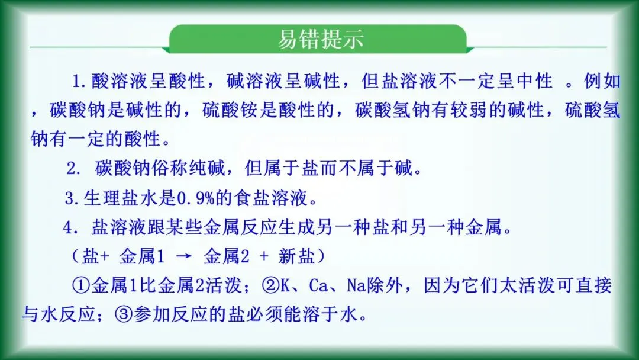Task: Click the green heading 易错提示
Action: [x=320, y=39]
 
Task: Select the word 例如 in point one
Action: [x=602, y=81]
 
